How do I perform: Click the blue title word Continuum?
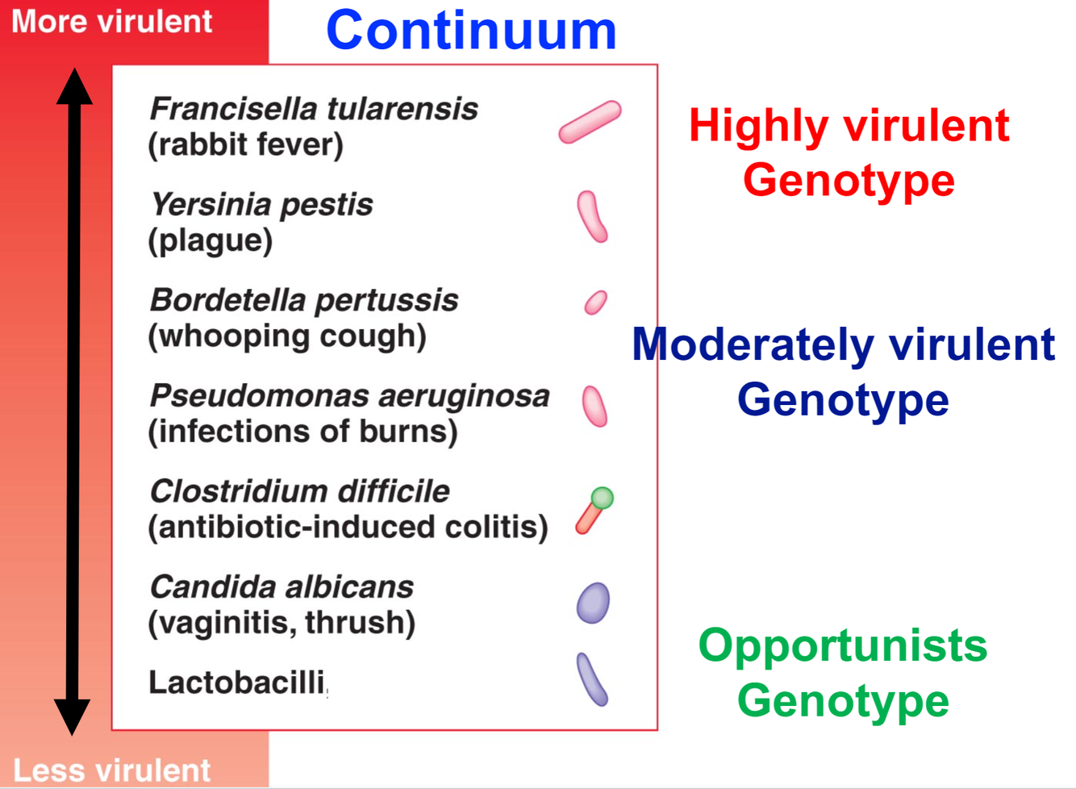click(x=471, y=31)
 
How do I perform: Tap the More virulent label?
click(x=112, y=22)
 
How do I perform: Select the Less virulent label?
click(x=112, y=770)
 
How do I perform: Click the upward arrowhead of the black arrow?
click(x=74, y=86)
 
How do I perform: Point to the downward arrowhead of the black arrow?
click(x=73, y=716)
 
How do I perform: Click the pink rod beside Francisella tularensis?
click(x=590, y=123)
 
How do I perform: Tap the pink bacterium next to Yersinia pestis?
click(x=592, y=216)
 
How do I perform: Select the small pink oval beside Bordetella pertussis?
click(x=595, y=303)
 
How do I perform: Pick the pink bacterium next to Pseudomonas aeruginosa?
click(x=594, y=405)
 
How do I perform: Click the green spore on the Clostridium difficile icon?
click(x=602, y=498)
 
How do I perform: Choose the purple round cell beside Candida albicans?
click(x=593, y=603)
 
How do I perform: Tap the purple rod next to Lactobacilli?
click(x=592, y=679)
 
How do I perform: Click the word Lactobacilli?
click(x=236, y=683)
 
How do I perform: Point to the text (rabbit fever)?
click(x=245, y=145)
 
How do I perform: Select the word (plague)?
click(x=210, y=240)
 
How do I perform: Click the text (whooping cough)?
click(x=286, y=336)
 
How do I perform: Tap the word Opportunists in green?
click(x=842, y=645)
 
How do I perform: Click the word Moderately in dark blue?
click(x=753, y=344)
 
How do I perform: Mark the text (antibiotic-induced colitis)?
click(x=348, y=527)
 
